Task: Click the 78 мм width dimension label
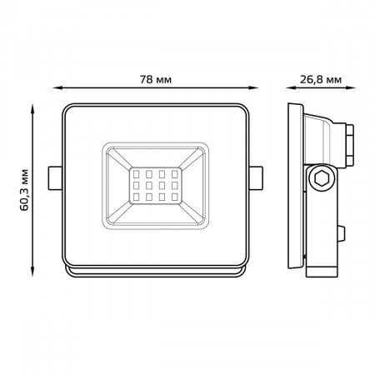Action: pos(155,80)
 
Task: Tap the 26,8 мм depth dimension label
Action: pos(321,80)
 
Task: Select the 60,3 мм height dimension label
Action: pos(24,190)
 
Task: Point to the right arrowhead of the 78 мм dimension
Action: pos(254,87)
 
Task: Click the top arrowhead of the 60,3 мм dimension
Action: pos(32,108)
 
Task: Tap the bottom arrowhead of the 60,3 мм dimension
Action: pos(32,272)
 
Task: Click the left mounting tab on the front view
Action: pos(55,178)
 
